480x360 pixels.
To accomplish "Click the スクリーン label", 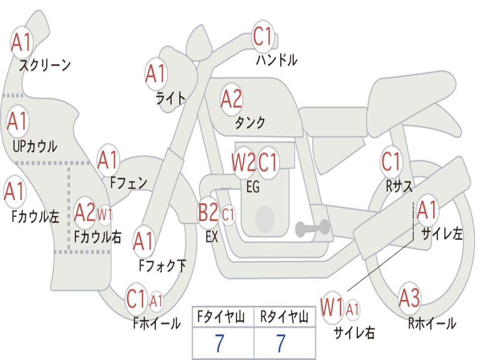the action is pyautogui.click(x=45, y=65).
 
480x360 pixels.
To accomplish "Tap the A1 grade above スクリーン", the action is pyautogui.click(x=21, y=42).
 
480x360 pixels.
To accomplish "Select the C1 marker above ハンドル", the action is pyautogui.click(x=262, y=36).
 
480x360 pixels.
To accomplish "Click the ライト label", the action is pyautogui.click(x=171, y=98).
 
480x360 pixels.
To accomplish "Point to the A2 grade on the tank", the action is pyautogui.click(x=231, y=99).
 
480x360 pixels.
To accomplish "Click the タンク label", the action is pyautogui.click(x=250, y=123).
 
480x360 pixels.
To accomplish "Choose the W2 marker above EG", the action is pyautogui.click(x=243, y=162).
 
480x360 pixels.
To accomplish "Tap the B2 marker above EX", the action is pyautogui.click(x=208, y=212).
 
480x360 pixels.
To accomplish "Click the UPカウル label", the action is pyautogui.click(x=35, y=146).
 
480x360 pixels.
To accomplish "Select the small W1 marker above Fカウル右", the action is pyautogui.click(x=105, y=214).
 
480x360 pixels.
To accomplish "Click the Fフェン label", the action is pyautogui.click(x=128, y=183).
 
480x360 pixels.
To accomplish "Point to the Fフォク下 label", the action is pyautogui.click(x=162, y=265).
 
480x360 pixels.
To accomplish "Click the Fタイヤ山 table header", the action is pyautogui.click(x=221, y=317).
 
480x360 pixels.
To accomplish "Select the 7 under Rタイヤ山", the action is pyautogui.click(x=281, y=343).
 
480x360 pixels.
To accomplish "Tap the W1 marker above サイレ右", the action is pyautogui.click(x=332, y=307).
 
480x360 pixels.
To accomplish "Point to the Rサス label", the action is pyautogui.click(x=399, y=186).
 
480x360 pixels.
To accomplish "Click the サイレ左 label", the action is pyautogui.click(x=442, y=234).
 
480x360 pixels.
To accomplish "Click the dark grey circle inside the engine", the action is pyautogui.click(x=265, y=218).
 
